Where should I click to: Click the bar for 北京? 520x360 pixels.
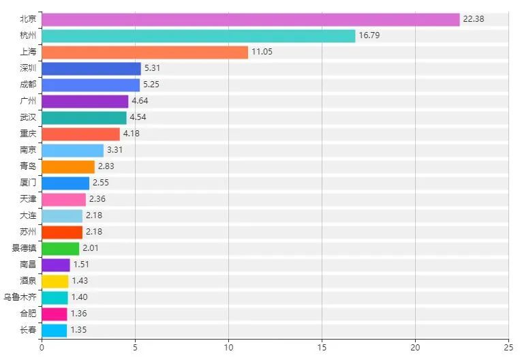click(x=250, y=19)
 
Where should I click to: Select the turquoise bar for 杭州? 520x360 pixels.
click(x=198, y=35)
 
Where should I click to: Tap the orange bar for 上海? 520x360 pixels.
click(x=144, y=52)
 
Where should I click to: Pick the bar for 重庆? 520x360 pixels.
click(x=80, y=134)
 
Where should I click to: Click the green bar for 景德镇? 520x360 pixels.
click(x=60, y=248)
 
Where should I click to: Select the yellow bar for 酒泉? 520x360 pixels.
click(x=55, y=281)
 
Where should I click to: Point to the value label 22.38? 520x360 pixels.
click(x=473, y=19)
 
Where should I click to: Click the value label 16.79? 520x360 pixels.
click(x=369, y=35)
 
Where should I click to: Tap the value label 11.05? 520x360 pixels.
click(x=262, y=52)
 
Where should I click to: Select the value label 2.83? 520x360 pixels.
click(x=106, y=166)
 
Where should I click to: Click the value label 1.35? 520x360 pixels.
click(x=78, y=330)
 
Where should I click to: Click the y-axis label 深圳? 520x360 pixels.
click(x=29, y=68)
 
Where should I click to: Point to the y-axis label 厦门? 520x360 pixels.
click(x=29, y=183)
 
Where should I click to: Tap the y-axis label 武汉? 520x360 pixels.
click(x=29, y=117)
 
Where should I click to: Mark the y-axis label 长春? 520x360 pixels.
click(x=29, y=330)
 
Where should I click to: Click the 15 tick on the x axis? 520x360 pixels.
click(x=322, y=347)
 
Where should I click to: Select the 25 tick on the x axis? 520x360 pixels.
click(x=508, y=347)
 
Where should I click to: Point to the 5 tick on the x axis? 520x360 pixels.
click(x=135, y=347)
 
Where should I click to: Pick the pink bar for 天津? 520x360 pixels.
click(x=63, y=199)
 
